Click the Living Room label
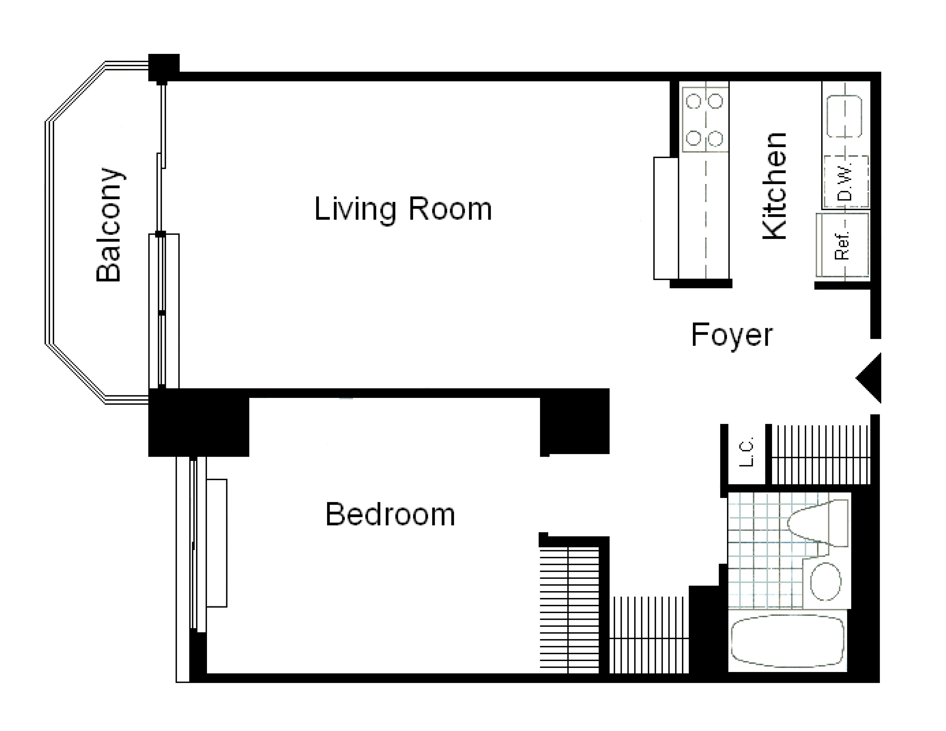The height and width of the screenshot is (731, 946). [403, 209]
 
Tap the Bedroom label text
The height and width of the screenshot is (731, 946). [390, 515]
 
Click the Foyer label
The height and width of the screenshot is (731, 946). [732, 335]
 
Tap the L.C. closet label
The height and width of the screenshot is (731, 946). [746, 452]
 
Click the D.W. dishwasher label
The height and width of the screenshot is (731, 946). [845, 182]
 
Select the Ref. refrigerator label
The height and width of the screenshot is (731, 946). [842, 246]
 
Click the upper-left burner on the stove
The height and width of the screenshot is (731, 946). [693, 101]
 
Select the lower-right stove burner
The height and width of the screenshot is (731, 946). [716, 138]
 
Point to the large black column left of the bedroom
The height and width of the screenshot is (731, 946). [198, 423]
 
